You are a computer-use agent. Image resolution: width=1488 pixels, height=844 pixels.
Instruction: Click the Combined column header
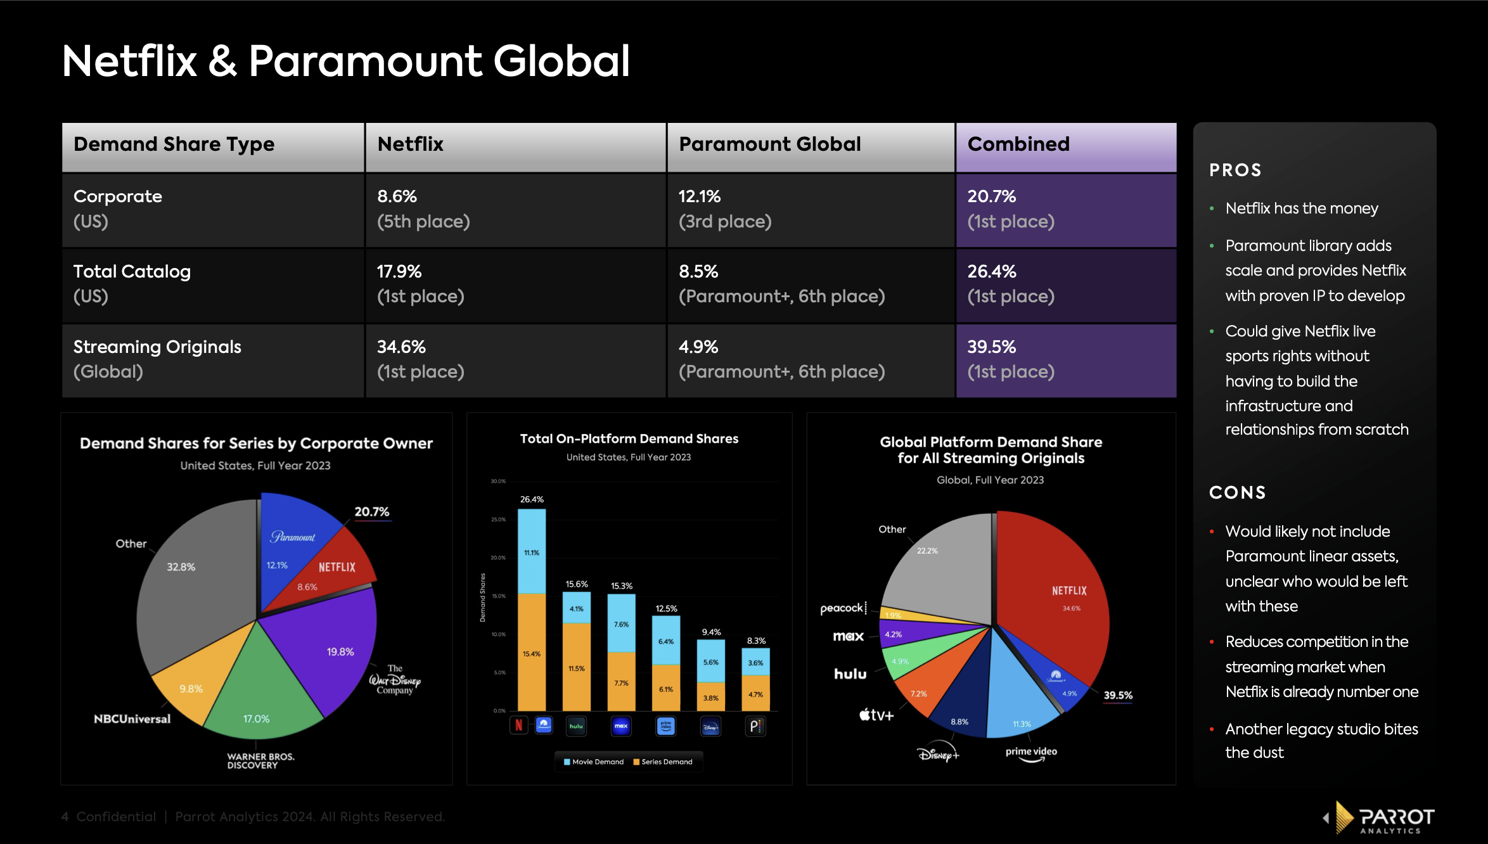tap(1018, 144)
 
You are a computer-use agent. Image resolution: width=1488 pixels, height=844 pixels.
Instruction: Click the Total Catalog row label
tap(132, 272)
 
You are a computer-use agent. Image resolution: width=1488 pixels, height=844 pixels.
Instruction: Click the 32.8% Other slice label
tap(181, 567)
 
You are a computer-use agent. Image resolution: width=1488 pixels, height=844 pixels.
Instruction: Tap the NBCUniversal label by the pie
tap(132, 719)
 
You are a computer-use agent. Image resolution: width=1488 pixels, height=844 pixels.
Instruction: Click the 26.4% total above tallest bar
tap(532, 500)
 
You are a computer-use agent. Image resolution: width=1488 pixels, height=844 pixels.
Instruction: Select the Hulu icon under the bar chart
tap(575, 726)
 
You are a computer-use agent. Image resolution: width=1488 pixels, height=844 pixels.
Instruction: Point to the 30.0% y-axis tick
tap(498, 482)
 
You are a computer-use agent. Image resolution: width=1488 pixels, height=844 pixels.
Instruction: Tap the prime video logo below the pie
tap(1031, 753)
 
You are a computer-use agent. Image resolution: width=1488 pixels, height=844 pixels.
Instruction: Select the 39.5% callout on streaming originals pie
tap(1118, 696)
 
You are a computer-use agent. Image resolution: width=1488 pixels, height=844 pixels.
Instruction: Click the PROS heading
tap(1235, 170)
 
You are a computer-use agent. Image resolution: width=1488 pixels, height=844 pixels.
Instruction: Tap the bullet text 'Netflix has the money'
tap(1301, 208)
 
